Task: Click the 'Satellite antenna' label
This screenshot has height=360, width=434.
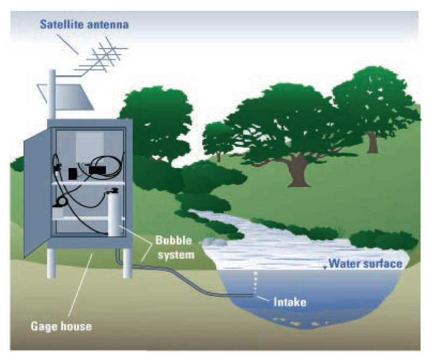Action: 84,24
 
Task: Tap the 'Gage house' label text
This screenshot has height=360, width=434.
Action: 61,326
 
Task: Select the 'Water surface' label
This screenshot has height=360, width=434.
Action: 365,264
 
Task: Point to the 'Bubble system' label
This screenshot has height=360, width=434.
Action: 174,247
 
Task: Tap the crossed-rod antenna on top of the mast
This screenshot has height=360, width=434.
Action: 103,58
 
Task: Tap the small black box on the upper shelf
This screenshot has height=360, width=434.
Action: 73,173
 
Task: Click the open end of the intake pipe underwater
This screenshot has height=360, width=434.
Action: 253,295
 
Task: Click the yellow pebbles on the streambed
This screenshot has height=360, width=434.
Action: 298,322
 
